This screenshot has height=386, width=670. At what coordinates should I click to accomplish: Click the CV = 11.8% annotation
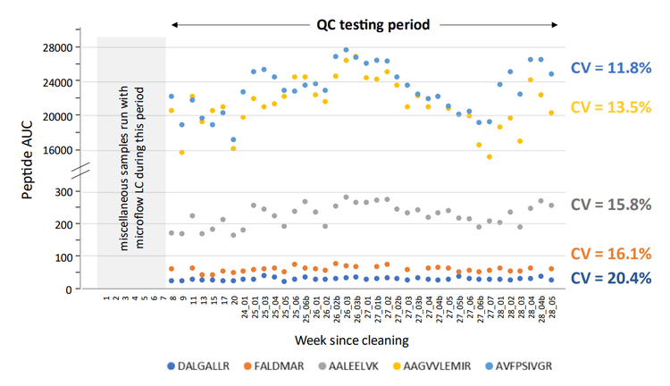click(616, 68)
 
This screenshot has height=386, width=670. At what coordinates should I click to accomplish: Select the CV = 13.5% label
click(616, 106)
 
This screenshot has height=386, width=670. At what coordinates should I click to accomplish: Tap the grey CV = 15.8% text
click(616, 205)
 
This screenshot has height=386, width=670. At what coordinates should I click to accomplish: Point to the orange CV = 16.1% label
click(616, 255)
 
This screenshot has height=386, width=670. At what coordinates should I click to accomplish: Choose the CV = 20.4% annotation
click(616, 278)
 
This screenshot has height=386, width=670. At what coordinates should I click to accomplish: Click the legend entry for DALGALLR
click(199, 366)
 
